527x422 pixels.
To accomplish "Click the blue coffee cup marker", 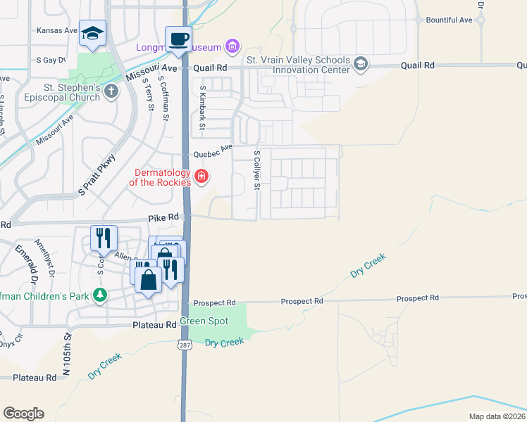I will click(178, 39).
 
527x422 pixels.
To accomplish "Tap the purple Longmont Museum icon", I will click(232, 47).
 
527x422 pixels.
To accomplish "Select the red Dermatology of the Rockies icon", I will click(201, 176).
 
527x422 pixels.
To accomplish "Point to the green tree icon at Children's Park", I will click(101, 295).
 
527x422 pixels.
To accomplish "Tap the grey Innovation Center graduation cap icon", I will click(361, 65).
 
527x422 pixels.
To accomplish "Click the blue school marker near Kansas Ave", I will click(92, 34).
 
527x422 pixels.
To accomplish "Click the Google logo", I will click(23, 413).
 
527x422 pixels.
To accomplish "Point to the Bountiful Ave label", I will click(449, 20).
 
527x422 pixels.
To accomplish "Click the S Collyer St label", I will click(257, 170).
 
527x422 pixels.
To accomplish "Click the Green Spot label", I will click(204, 321).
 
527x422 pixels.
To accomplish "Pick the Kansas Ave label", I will click(57, 31).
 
